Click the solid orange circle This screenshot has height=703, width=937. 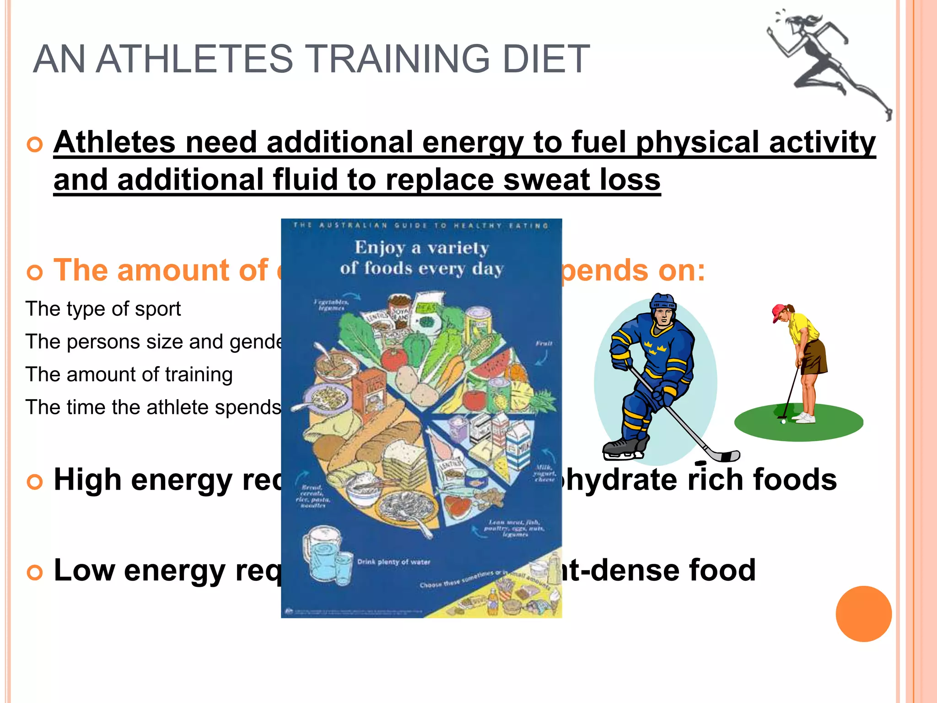pyautogui.click(x=863, y=614)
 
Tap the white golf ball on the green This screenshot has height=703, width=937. pyautogui.click(x=783, y=422)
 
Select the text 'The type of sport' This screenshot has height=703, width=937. pyautogui.click(x=103, y=309)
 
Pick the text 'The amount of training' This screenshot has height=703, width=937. pyautogui.click(x=129, y=374)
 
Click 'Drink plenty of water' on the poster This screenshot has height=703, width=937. pyautogui.click(x=393, y=562)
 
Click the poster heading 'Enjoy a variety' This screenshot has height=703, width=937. pyautogui.click(x=422, y=248)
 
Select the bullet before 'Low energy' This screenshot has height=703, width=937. pyautogui.click(x=35, y=573)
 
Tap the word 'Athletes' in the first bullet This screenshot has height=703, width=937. pyautogui.click(x=114, y=142)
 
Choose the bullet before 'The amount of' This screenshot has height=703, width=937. pyautogui.click(x=35, y=272)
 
